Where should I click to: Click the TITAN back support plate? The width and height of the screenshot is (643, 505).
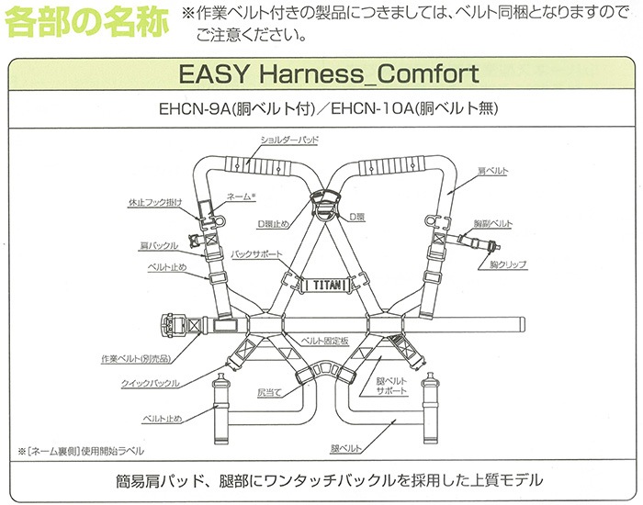(326, 285)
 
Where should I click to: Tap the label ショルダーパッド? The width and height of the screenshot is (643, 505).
(289, 140)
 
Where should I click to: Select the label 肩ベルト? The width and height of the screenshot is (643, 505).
(493, 172)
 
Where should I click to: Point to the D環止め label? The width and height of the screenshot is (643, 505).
(273, 224)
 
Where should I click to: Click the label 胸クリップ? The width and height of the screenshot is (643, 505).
(508, 264)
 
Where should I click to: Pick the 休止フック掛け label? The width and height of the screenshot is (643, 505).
(155, 203)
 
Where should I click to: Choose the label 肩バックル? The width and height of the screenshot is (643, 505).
(159, 246)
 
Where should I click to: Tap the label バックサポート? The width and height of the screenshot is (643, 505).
(256, 254)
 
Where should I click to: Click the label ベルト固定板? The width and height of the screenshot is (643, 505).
(325, 341)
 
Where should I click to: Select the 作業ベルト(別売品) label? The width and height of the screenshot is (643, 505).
(136, 359)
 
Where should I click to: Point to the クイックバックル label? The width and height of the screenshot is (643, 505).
(150, 384)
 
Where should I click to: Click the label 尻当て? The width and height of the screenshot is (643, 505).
(269, 393)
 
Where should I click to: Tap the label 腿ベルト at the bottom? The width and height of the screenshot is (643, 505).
(346, 448)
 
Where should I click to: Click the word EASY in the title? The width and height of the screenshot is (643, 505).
(214, 74)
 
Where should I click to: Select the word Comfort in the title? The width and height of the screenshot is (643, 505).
(428, 74)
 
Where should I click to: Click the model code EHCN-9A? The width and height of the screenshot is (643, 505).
(192, 109)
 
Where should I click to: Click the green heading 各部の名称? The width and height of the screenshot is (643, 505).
(87, 21)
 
